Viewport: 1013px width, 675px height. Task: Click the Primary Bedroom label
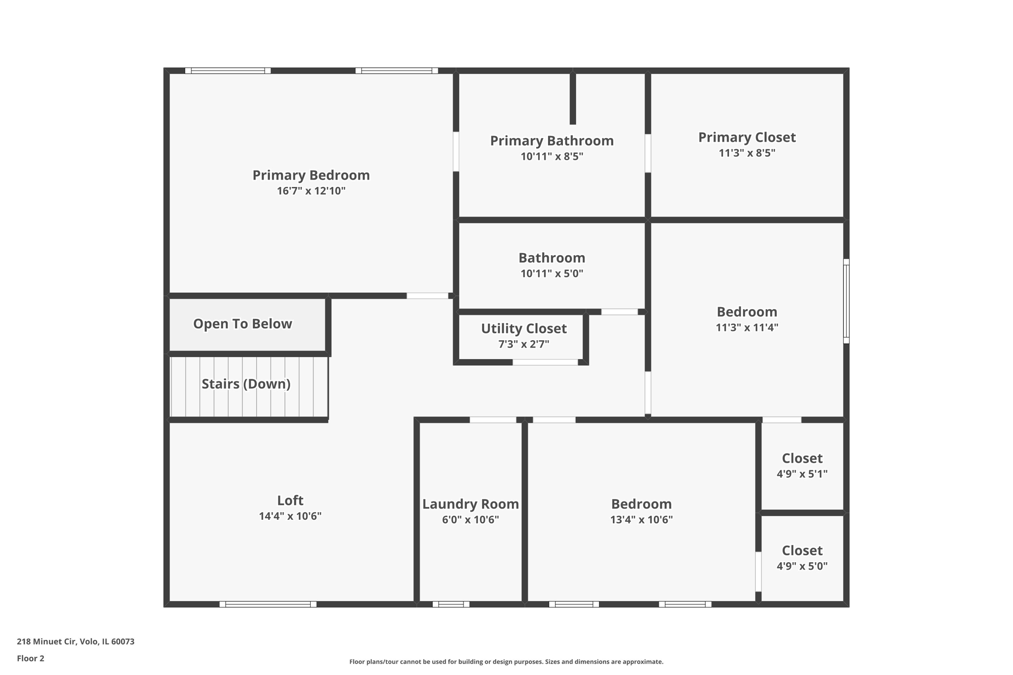311,175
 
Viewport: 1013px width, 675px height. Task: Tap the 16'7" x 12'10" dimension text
311,191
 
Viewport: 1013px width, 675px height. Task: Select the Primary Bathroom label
552,141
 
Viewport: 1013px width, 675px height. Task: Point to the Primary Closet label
746,137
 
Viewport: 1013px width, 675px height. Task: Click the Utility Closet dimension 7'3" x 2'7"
523,344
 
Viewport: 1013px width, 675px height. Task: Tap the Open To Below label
242,324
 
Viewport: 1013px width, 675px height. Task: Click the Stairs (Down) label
246,384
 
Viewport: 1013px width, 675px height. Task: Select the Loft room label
290,500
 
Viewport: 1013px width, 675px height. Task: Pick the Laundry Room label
470,504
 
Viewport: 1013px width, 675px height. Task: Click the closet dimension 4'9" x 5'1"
801,474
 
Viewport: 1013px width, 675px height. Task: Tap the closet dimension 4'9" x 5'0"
801,566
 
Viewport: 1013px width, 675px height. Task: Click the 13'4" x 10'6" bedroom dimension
641,520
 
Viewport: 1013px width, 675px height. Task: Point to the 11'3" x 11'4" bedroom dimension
746,327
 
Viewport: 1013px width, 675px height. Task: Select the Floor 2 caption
31,658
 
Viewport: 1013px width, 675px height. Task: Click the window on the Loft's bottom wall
268,604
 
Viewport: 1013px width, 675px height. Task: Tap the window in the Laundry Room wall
451,604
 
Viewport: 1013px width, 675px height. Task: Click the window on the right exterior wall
846,301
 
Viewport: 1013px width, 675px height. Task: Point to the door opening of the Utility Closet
545,362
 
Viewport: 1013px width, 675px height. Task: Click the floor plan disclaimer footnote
506,662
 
